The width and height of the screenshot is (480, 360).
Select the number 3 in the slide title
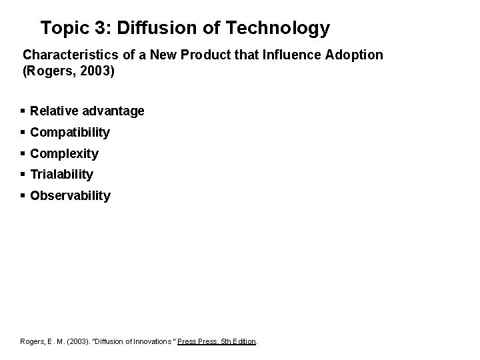pyautogui.click(x=96, y=28)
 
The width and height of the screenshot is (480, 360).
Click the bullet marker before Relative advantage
pyautogui.click(x=23, y=111)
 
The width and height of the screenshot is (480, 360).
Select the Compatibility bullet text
pyautogui.click(x=70, y=133)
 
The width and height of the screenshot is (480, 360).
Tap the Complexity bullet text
pyautogui.click(x=64, y=154)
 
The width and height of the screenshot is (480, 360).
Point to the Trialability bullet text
pyautogui.click(x=62, y=175)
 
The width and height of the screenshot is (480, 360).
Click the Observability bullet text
pyautogui.click(x=70, y=196)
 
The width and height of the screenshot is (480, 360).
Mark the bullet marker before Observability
pyautogui.click(x=23, y=196)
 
